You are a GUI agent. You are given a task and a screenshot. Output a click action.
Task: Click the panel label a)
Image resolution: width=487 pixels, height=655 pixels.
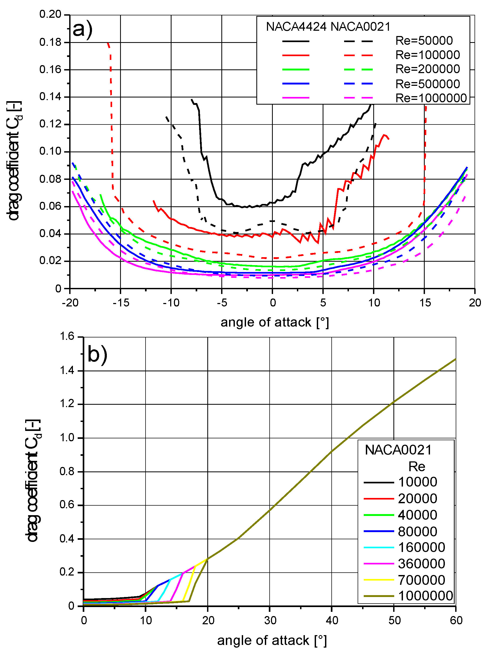[x=82, y=29]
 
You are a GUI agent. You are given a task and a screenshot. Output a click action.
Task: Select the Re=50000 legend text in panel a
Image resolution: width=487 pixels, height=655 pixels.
[x=424, y=41]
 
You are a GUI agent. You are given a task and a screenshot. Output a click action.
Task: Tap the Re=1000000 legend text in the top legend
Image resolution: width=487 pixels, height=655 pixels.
[x=431, y=98]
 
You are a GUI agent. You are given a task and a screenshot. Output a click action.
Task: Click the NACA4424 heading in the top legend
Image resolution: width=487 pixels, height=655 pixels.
[x=296, y=27]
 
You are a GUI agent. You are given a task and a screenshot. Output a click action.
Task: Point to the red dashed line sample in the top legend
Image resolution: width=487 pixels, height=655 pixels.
[x=358, y=55]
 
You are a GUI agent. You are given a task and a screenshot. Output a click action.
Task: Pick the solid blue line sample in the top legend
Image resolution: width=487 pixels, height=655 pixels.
[x=296, y=84]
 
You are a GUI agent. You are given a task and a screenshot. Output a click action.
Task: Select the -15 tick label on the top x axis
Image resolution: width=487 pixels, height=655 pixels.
[x=121, y=302]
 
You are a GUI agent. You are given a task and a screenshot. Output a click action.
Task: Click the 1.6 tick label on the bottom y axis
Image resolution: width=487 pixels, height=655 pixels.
[x=67, y=336]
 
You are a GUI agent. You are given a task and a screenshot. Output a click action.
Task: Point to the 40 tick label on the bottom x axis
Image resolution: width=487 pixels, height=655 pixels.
[x=332, y=621]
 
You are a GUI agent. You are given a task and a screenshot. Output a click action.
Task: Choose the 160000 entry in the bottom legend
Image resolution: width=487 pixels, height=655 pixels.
[x=421, y=547]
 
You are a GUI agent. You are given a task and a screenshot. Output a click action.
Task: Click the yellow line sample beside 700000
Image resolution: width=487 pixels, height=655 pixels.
[x=379, y=580]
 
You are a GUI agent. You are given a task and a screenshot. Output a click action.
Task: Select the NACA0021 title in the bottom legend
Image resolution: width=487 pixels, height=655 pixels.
[x=398, y=450]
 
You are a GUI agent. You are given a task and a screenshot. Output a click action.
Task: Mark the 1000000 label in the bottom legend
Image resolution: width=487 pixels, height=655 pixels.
[x=425, y=596]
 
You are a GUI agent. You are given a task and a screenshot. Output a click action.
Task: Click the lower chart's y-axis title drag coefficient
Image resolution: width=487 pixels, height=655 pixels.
[x=33, y=480]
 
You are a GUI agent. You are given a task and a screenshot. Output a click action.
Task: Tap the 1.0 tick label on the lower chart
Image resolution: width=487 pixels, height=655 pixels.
[x=67, y=438]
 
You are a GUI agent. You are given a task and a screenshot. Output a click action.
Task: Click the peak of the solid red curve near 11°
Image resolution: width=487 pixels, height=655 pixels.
[x=384, y=135]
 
